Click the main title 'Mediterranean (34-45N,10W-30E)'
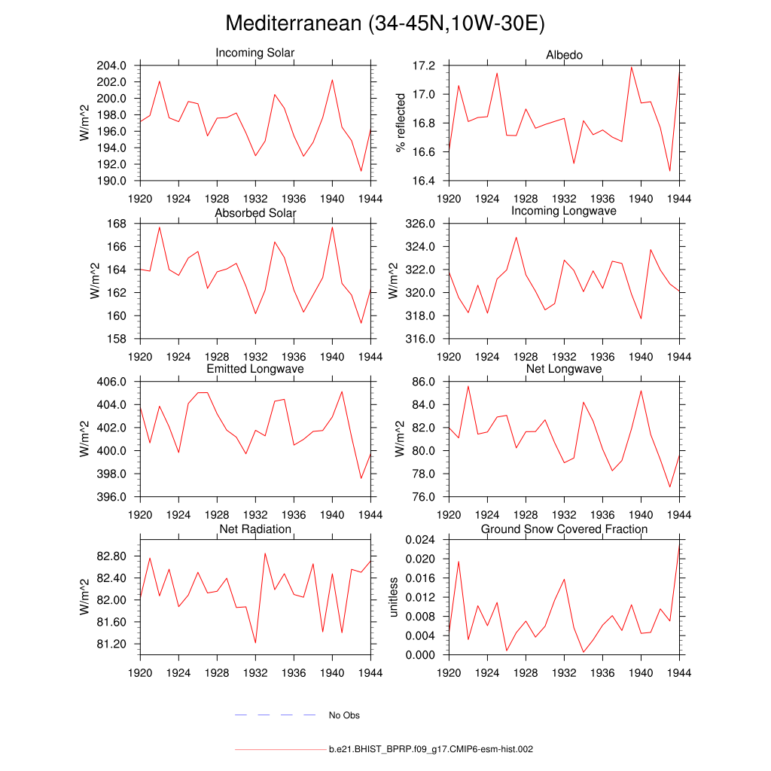(x=385, y=24)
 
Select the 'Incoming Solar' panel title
(x=255, y=53)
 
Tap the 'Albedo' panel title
(x=564, y=56)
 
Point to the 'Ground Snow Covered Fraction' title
(x=564, y=529)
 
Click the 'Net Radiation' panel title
(x=255, y=529)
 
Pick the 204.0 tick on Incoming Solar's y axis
(x=117, y=66)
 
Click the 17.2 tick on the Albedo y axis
(x=425, y=66)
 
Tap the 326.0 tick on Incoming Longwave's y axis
(x=422, y=224)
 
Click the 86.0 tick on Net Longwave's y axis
(x=425, y=382)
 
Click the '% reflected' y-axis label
(x=401, y=123)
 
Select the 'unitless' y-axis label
(x=392, y=597)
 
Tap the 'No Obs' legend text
(x=344, y=715)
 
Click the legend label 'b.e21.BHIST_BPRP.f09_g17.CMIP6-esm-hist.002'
(x=431, y=750)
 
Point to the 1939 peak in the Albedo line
(x=632, y=67)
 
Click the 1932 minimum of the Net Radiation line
(x=255, y=642)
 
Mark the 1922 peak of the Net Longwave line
(x=468, y=386)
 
